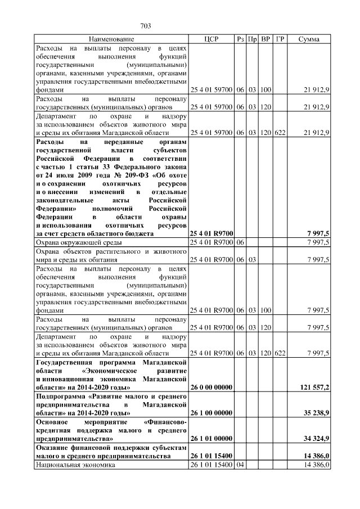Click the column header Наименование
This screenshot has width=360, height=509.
(111, 39)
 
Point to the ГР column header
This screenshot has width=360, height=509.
(281, 39)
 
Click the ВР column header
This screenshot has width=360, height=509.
(266, 39)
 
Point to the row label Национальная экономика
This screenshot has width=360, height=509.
(75, 466)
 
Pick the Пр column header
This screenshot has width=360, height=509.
(254, 39)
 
